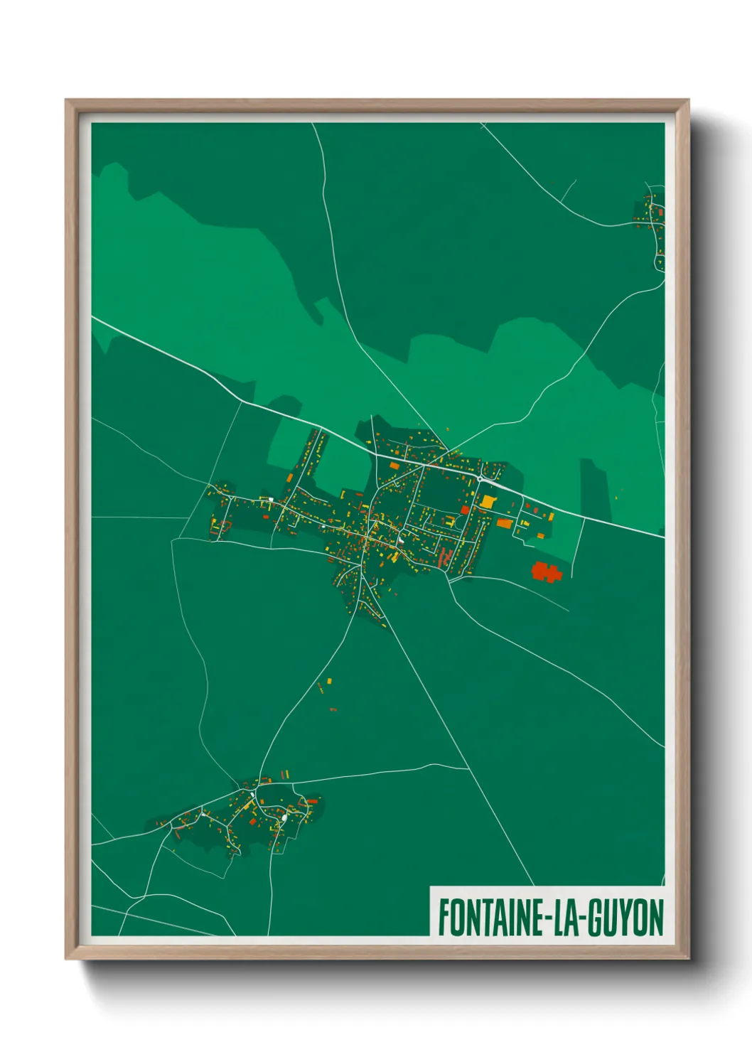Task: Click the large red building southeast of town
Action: tap(546, 571)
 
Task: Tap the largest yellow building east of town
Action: tap(488, 501)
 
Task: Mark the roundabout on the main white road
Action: tap(480, 479)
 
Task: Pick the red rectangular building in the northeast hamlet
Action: tap(661, 211)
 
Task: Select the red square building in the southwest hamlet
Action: tap(252, 822)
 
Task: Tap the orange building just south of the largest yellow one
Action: tap(504, 524)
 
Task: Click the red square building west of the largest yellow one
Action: tap(465, 509)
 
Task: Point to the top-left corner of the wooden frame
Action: tap(67, 101)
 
